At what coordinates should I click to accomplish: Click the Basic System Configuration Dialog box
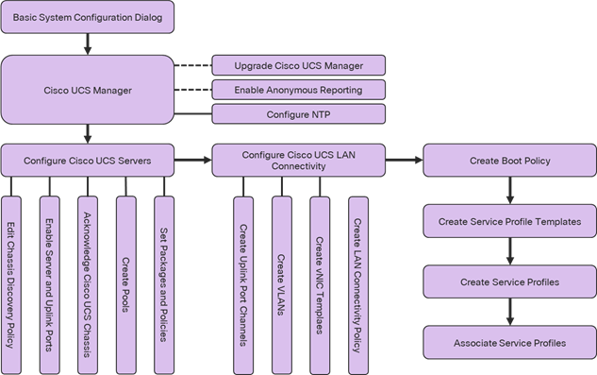88,17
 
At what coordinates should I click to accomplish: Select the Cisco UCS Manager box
88,91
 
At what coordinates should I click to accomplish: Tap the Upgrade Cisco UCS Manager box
298,65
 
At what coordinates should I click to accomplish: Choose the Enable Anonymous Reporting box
298,90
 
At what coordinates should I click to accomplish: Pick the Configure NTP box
298,114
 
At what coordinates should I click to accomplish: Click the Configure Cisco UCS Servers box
88,161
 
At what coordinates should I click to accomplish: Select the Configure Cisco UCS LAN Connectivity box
298,161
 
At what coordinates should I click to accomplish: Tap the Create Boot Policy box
509,161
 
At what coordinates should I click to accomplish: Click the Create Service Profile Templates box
509,222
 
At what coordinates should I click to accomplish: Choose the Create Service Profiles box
509,282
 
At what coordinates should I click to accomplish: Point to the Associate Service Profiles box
509,342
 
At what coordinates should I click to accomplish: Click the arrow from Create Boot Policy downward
509,191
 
